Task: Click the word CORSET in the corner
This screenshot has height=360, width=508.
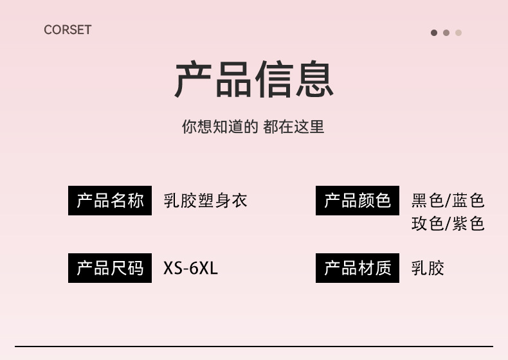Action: coord(68,30)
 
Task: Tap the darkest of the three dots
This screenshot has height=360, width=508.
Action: coord(434,33)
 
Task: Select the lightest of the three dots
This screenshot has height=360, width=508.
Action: coord(458,33)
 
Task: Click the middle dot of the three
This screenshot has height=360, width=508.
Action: coord(446,33)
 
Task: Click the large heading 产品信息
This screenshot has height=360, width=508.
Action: coord(254,80)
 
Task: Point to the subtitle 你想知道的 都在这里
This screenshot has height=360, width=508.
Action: coord(253,127)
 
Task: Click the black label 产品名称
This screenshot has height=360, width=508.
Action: coord(110,201)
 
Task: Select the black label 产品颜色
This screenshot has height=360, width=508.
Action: coord(358,201)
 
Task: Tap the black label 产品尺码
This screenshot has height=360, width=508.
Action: coord(110,267)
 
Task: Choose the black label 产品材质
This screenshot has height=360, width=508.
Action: coord(358,267)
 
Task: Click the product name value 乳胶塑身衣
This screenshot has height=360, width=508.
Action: coord(205,201)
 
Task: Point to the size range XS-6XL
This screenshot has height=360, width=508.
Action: coord(191,267)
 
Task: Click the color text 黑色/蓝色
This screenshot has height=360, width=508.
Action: coord(448,201)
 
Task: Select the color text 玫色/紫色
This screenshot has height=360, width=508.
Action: coord(448,224)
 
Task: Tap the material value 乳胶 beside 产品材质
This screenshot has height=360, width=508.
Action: coord(428,267)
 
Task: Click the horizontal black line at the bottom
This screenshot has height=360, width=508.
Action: coord(254,346)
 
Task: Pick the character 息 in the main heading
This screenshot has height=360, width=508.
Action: coord(313,80)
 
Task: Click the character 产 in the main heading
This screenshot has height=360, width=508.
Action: coord(194,80)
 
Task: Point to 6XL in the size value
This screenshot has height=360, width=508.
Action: coord(204,267)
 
